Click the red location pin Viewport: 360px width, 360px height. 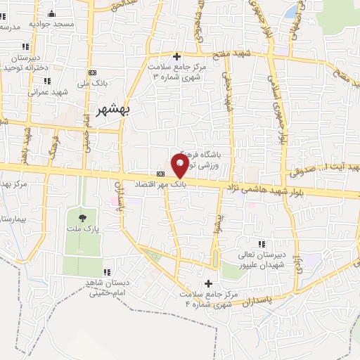click(180, 165)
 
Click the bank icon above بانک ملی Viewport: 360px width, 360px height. click(92, 73)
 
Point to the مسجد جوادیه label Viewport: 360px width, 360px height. click(51, 24)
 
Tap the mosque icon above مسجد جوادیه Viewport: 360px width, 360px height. click(51, 13)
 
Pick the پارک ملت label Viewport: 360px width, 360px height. click(83, 229)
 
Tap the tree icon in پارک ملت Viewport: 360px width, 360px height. click(83, 217)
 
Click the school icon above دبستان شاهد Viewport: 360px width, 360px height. click(107, 272)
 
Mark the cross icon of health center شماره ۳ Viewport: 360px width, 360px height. click(177, 56)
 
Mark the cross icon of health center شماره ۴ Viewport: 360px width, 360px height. click(208, 283)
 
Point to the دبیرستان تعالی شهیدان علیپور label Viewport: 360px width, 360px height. click(260, 261)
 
